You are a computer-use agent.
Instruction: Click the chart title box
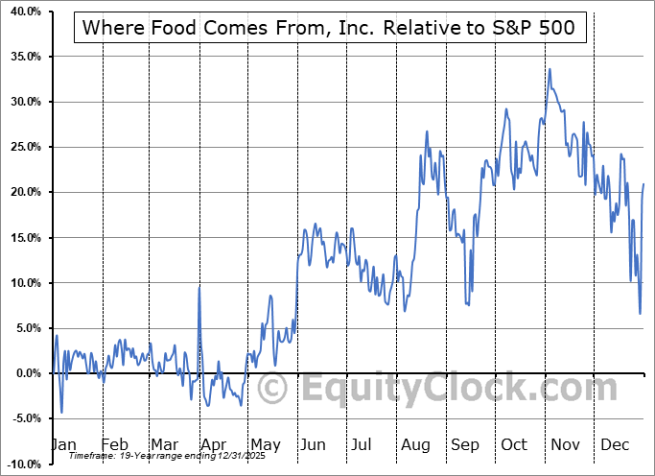coord(329,28)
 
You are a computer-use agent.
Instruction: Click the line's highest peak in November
coord(550,70)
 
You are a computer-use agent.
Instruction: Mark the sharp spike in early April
coord(199,286)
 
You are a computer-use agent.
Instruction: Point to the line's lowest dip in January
coord(61,412)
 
